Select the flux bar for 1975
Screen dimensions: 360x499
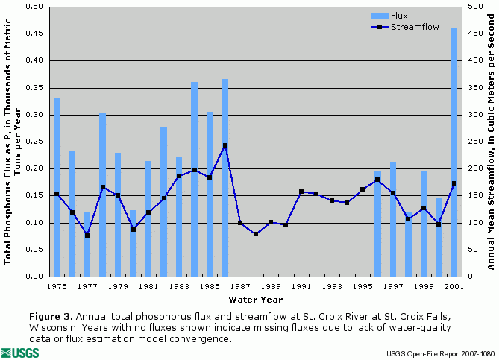(57, 186)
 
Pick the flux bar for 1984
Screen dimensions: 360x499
(194, 179)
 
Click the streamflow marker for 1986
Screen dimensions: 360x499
(225, 145)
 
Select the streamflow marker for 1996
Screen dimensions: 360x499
(377, 180)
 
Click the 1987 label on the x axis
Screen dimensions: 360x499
(240, 286)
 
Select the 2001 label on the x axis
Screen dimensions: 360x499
(454, 286)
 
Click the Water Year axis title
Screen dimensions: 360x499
(255, 299)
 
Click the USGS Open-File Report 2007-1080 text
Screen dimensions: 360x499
(440, 352)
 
